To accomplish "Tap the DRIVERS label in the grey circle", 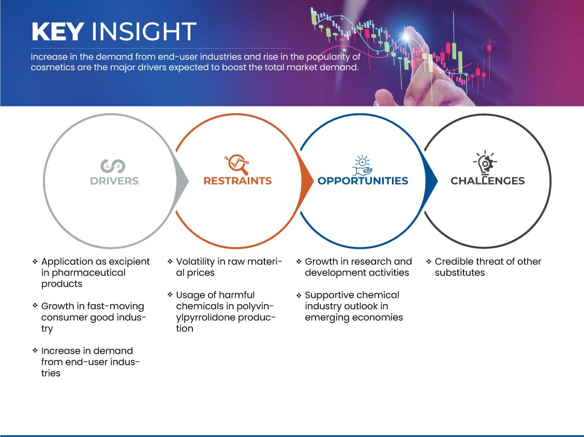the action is tap(114, 181).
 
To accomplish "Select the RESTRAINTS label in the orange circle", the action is tap(237, 181).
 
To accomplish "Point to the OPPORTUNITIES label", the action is tap(363, 181).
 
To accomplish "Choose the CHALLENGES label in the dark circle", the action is tap(488, 181).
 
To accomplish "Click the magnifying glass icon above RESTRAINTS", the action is tap(237, 164).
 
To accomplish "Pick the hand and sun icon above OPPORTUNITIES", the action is tap(362, 165).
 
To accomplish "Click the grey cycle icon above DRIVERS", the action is tap(113, 166).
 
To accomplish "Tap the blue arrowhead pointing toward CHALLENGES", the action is tap(431, 181).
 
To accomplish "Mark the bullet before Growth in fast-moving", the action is tap(35, 306).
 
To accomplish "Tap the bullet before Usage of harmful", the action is tap(170, 294).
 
